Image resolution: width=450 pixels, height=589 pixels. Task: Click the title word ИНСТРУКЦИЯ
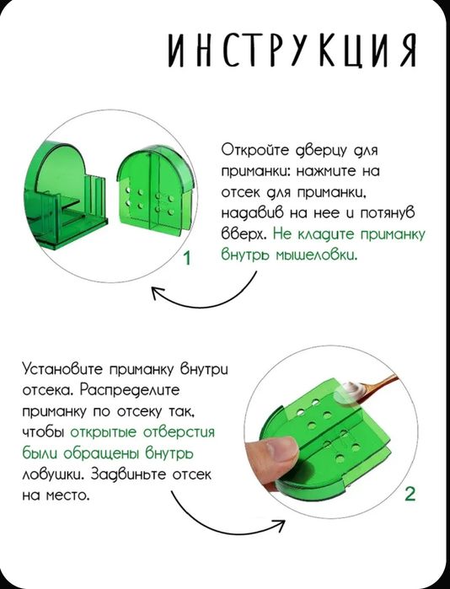coord(292,51)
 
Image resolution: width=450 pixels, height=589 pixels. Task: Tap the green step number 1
coord(187,258)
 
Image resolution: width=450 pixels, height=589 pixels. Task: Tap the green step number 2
coord(410,494)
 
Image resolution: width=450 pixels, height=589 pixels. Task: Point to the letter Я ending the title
coord(407,51)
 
